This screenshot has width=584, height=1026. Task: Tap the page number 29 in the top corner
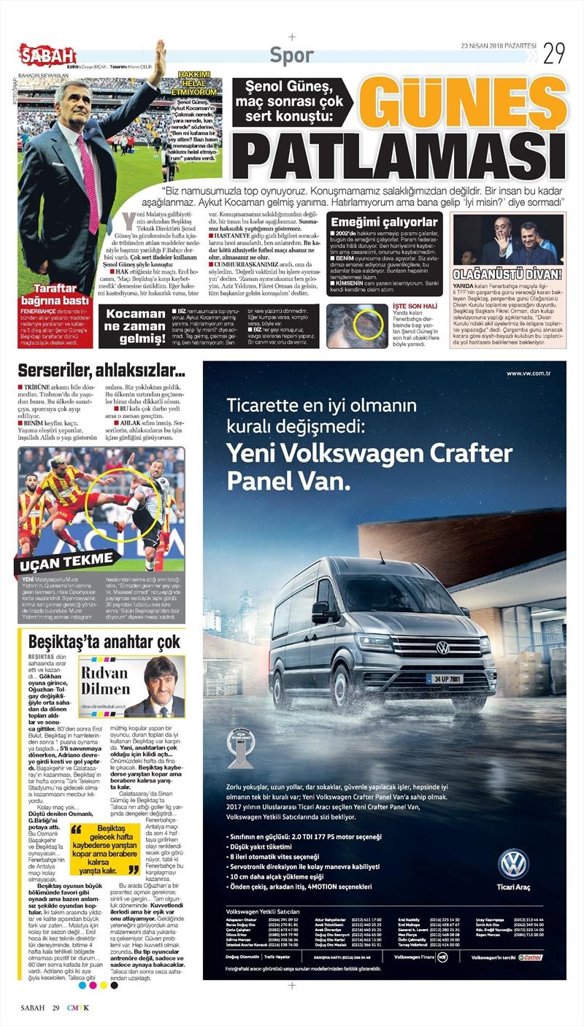tap(553, 53)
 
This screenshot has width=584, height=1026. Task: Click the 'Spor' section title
tap(292, 55)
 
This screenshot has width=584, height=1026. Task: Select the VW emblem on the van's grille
tap(442, 647)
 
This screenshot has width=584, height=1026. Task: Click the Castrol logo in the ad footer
tap(531, 957)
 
